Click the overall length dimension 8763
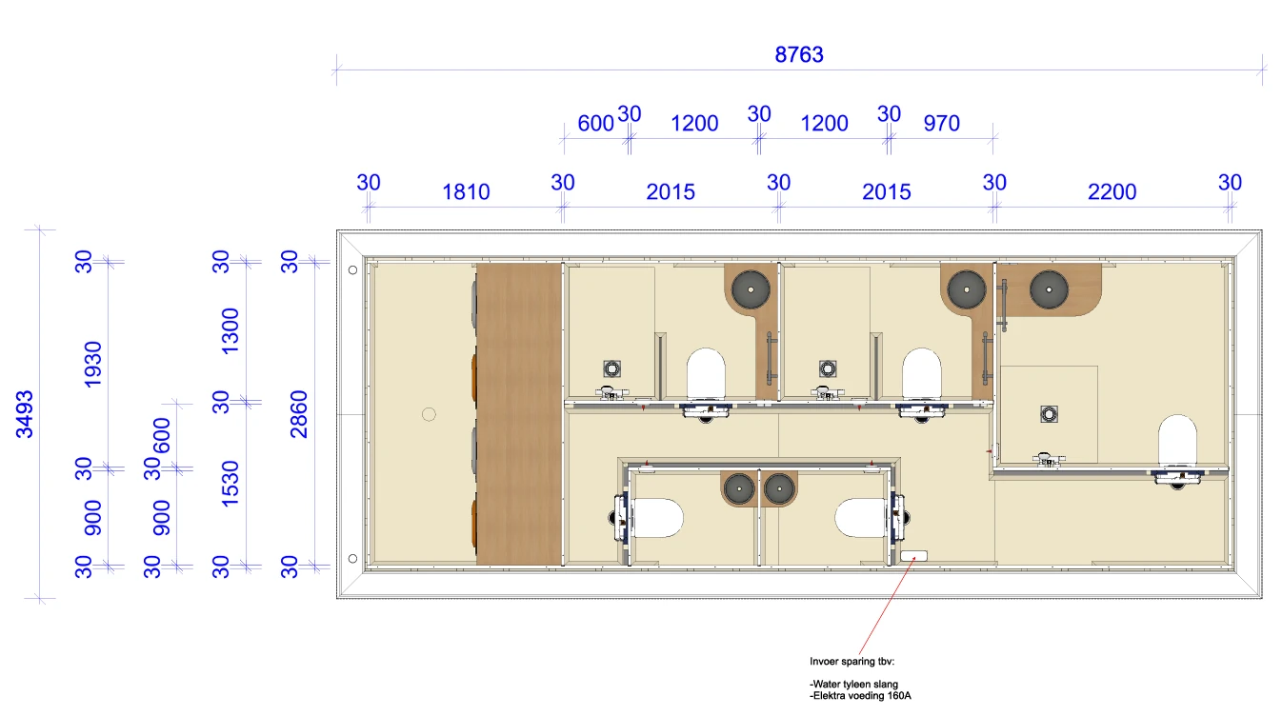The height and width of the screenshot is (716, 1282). point(799,54)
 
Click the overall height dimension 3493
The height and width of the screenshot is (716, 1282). point(25,414)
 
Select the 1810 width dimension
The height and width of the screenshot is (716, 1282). point(466,191)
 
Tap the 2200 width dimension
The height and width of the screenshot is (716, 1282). point(1112,191)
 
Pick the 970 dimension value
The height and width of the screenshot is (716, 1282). point(941,123)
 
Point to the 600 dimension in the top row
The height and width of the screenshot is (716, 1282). point(595,123)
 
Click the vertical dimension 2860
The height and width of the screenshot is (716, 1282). point(299,414)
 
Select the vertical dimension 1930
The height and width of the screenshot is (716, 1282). point(92,365)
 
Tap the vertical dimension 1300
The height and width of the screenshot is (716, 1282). point(230,331)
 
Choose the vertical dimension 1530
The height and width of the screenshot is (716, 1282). point(230,484)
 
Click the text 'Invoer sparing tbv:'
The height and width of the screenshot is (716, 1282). point(851,662)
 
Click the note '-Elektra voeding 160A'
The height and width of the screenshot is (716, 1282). point(860,696)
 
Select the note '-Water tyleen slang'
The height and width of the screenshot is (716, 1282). point(854,684)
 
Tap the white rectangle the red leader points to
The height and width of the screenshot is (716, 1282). point(913,556)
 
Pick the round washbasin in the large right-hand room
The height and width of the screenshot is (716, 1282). point(1049,289)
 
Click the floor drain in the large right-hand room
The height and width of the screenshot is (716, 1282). point(1049,414)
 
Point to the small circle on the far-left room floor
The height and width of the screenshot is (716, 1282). point(429,414)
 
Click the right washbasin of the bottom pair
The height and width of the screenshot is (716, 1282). point(779,488)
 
